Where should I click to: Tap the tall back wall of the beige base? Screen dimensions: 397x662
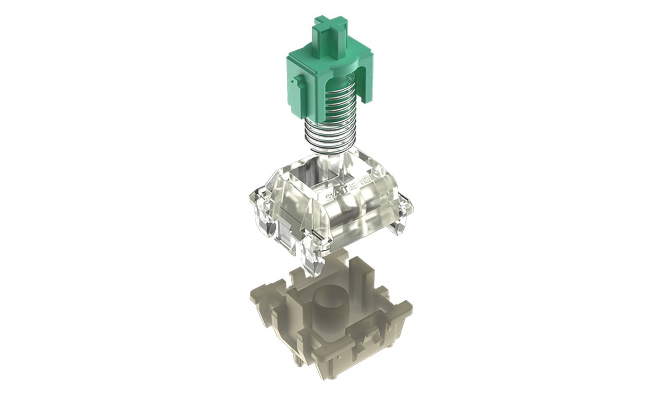point(359,276)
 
